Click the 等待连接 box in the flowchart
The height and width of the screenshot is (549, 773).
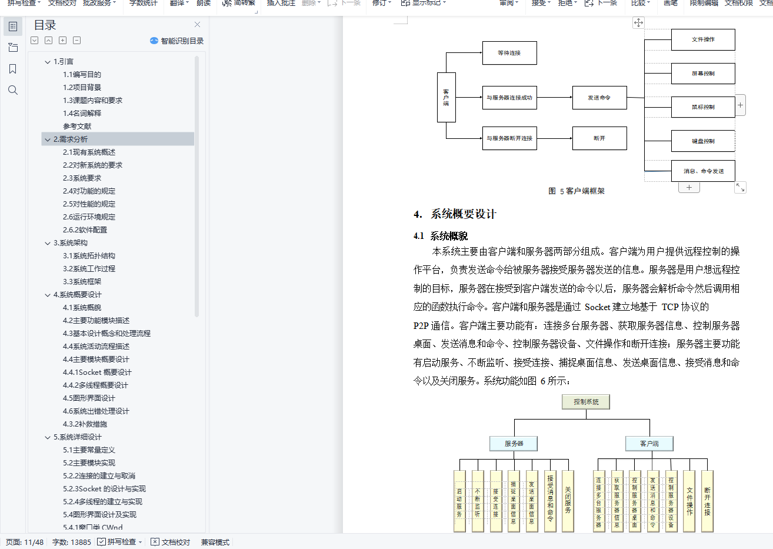tap(509, 53)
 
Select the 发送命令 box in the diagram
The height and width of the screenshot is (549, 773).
tap(599, 98)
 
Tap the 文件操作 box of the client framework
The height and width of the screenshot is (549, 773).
tap(703, 39)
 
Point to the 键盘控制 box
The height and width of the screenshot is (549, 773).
tap(703, 141)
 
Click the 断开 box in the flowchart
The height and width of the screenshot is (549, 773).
tap(599, 138)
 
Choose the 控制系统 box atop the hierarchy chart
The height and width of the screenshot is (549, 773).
tap(586, 402)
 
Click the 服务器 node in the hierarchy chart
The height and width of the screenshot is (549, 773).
tap(514, 444)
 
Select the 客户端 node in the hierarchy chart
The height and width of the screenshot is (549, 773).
tap(649, 444)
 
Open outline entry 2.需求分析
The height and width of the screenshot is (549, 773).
tap(71, 139)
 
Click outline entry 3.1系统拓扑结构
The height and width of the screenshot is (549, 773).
tap(89, 256)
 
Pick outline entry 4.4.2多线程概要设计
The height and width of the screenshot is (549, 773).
tap(95, 385)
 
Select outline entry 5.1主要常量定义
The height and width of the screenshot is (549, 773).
tap(89, 450)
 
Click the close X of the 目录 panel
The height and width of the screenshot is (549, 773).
tap(197, 25)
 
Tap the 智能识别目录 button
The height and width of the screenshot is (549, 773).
tap(177, 41)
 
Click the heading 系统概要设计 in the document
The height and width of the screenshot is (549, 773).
tap(463, 214)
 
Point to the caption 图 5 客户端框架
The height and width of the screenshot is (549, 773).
tap(576, 191)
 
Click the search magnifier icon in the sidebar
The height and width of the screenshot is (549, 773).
tap(13, 90)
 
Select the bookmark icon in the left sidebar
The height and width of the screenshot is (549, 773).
tap(13, 69)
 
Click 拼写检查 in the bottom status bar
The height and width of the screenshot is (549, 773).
tap(121, 542)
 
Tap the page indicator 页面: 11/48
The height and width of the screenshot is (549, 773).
tap(25, 542)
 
